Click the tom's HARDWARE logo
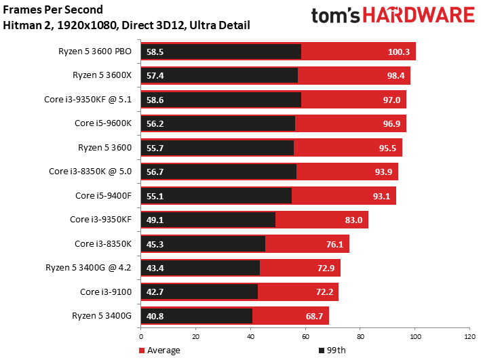[x=392, y=17]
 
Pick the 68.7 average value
[x=313, y=316]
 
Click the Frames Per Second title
[x=54, y=10]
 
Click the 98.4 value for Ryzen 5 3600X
[x=396, y=76]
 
